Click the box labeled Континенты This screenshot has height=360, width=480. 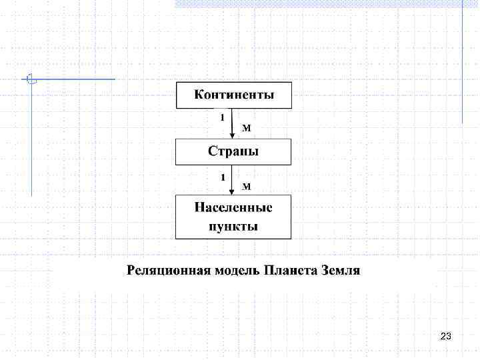233,95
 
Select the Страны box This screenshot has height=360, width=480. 233,152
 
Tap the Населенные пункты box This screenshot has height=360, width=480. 233,217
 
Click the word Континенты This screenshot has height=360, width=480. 233,95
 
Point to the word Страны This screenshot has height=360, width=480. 233,152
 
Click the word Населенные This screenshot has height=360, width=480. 233,207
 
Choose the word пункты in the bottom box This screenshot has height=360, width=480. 233,227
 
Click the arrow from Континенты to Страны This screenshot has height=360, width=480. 231,123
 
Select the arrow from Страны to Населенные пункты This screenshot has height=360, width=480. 231,180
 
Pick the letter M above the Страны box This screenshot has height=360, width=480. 245,127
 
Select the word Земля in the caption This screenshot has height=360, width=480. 341,271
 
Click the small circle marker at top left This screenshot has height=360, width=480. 31,79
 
